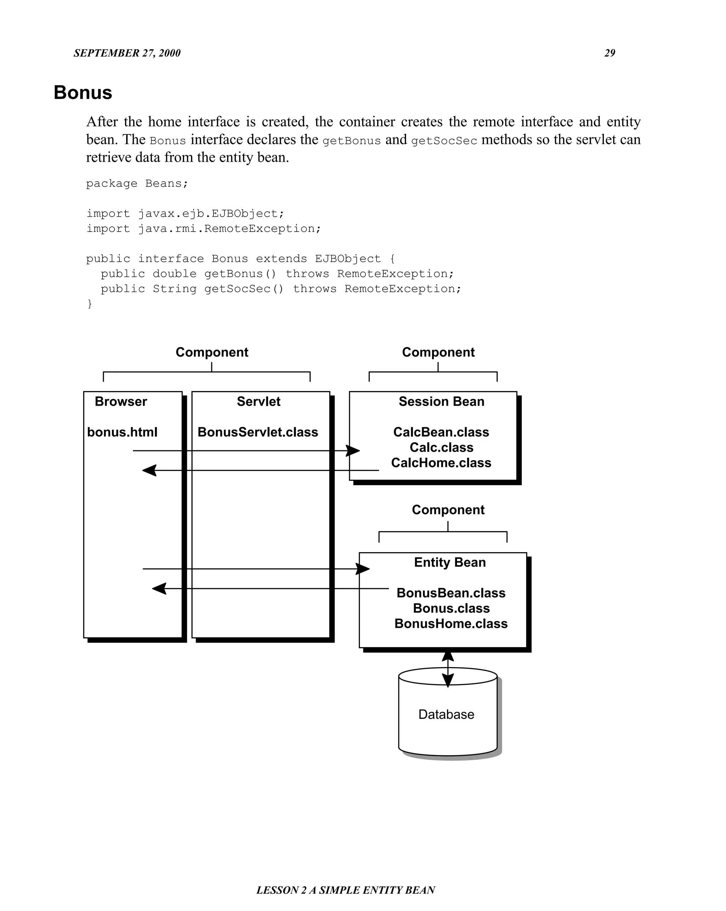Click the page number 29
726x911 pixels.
pyautogui.click(x=609, y=53)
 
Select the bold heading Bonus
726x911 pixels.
pyautogui.click(x=83, y=93)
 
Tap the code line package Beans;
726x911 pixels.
pyautogui.click(x=137, y=183)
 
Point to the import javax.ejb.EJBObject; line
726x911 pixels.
pyautogui.click(x=185, y=213)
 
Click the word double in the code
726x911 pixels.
pyautogui.click(x=174, y=274)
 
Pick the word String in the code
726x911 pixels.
pyautogui.click(x=174, y=289)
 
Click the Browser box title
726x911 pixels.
pyautogui.click(x=121, y=401)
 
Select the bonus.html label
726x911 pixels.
pyautogui.click(x=122, y=432)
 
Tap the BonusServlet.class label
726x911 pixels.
pyautogui.click(x=258, y=432)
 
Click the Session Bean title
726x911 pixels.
pyautogui.click(x=441, y=401)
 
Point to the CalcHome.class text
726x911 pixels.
pyautogui.click(x=441, y=463)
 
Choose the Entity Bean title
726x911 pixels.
pyautogui.click(x=450, y=562)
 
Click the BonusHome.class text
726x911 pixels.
pyautogui.click(x=451, y=624)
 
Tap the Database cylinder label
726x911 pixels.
pyautogui.click(x=446, y=714)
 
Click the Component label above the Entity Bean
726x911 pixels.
pyautogui.click(x=448, y=510)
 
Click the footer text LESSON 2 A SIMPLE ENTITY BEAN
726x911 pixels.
pyautogui.click(x=346, y=890)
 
